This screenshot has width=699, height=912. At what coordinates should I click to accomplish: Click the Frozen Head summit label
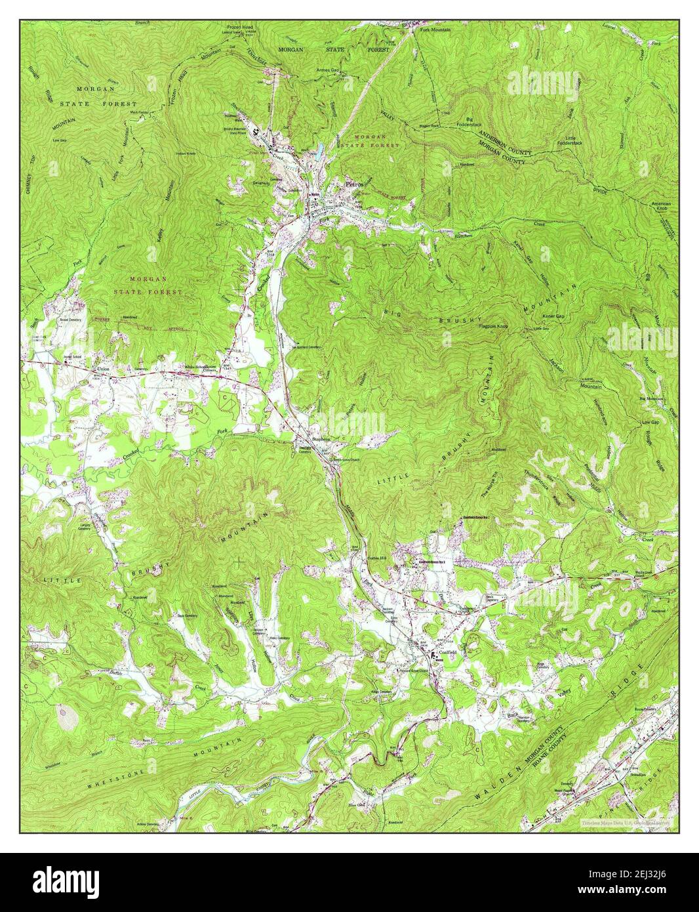(x=233, y=28)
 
